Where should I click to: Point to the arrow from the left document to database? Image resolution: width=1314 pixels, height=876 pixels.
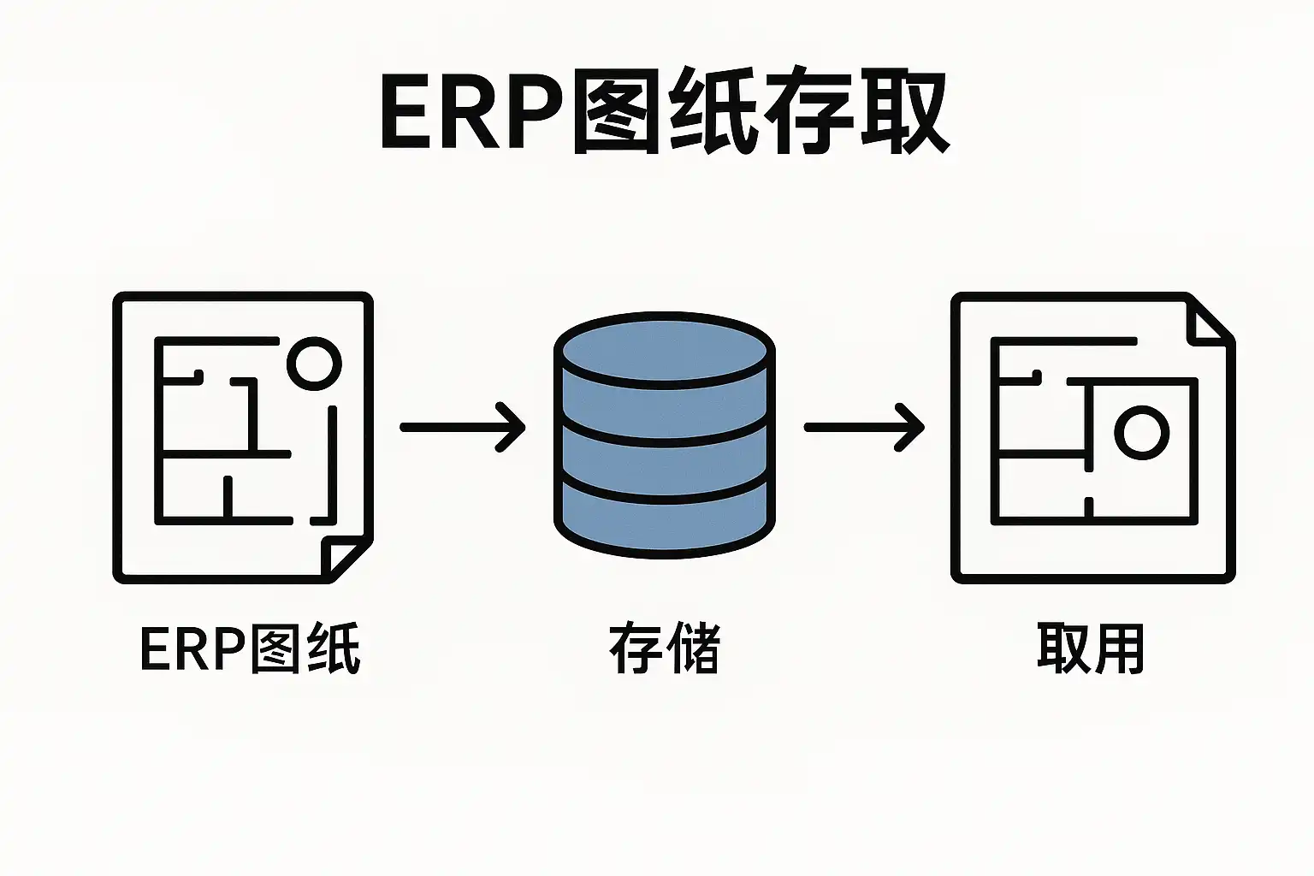[x=462, y=426]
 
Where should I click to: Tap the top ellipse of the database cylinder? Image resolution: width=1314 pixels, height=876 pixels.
[x=664, y=351]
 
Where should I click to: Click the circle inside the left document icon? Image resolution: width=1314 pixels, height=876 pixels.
[x=314, y=363]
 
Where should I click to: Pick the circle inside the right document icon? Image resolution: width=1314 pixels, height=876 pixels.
[x=1141, y=433]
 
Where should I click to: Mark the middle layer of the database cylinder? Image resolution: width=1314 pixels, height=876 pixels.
[x=664, y=453]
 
